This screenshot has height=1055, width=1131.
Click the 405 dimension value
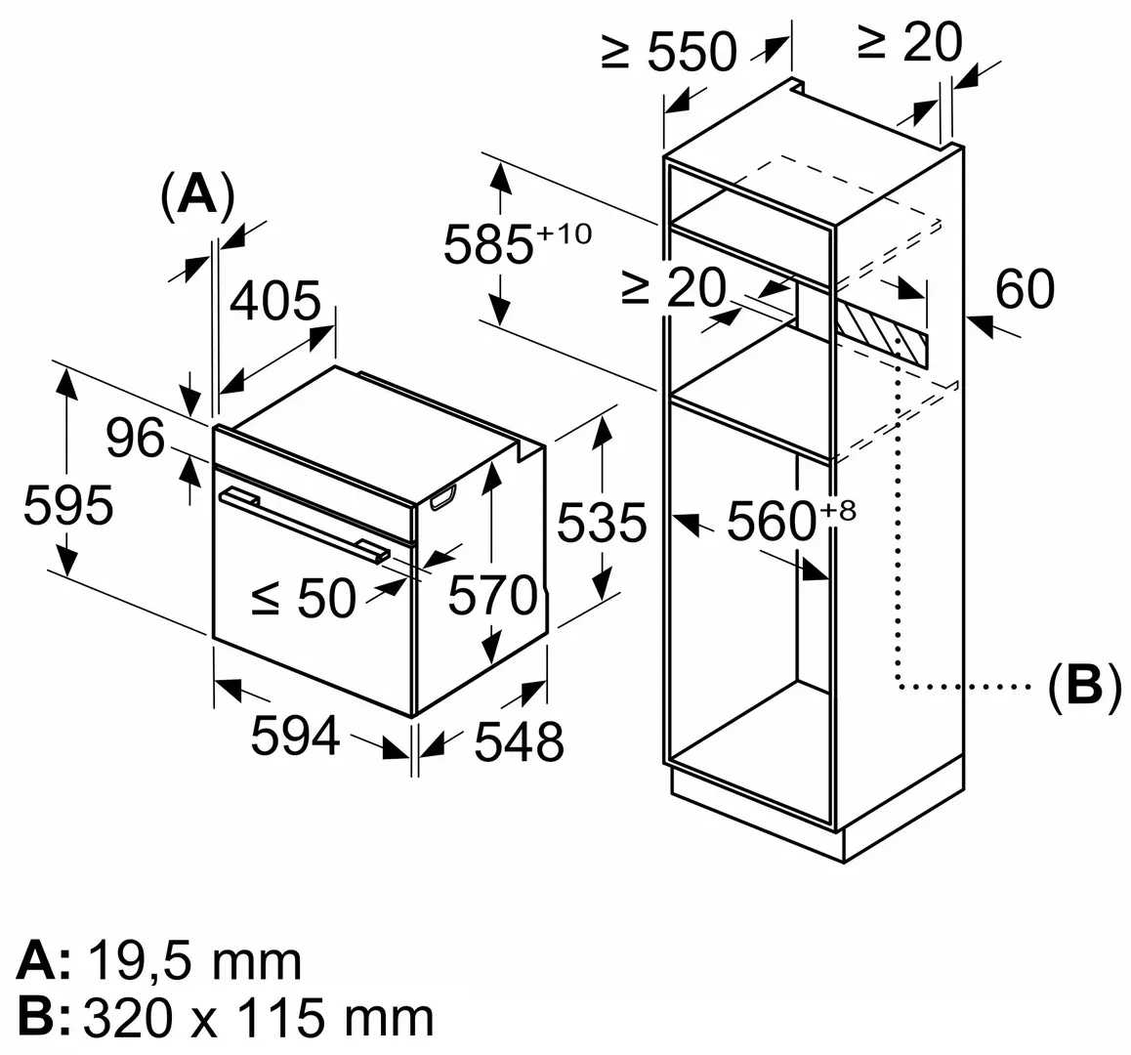coord(274,302)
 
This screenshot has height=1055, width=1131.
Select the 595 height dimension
coord(68,506)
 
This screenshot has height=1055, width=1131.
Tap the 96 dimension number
coord(135,439)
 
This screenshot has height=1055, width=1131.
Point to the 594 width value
coord(295,736)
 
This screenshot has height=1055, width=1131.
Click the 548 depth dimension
coord(519,742)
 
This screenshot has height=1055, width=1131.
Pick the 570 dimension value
coord(492,595)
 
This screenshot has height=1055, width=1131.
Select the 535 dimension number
coord(602,523)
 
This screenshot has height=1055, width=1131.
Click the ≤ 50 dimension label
coord(303,598)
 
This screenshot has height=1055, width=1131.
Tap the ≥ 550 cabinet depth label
coord(669,51)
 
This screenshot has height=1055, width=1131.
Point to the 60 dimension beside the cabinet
coord(1025,289)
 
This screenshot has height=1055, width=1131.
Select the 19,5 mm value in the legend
coord(194,962)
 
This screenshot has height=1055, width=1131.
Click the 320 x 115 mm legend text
coord(259,1019)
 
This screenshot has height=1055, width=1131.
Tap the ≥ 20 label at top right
coord(909,43)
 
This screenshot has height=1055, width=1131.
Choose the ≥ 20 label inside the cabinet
coord(674,289)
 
